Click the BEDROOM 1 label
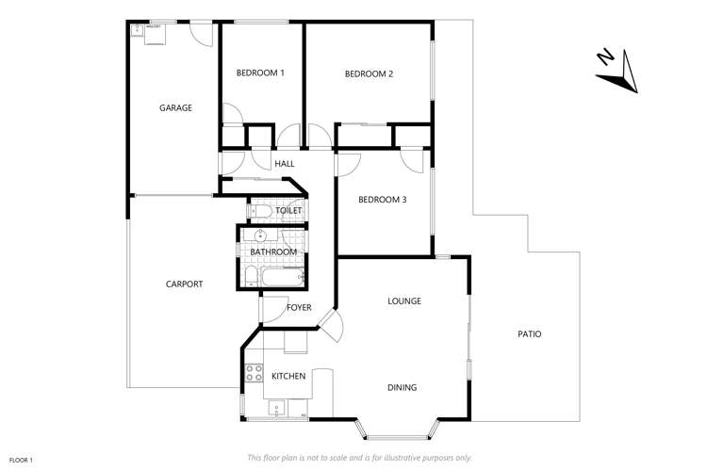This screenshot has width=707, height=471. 260,73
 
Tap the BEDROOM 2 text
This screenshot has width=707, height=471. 369,73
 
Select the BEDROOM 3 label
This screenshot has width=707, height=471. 383,199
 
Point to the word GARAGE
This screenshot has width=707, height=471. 175,108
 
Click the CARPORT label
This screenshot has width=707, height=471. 184,284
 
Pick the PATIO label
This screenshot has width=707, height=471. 529,334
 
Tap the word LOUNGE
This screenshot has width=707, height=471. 403,301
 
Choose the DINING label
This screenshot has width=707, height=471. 402,387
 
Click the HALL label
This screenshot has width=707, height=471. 284,164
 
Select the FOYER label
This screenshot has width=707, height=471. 299,307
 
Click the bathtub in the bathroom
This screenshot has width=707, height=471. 281,277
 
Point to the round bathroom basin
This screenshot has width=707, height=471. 260,236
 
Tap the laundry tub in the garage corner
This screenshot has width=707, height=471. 153,34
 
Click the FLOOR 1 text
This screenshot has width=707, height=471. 22,460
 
